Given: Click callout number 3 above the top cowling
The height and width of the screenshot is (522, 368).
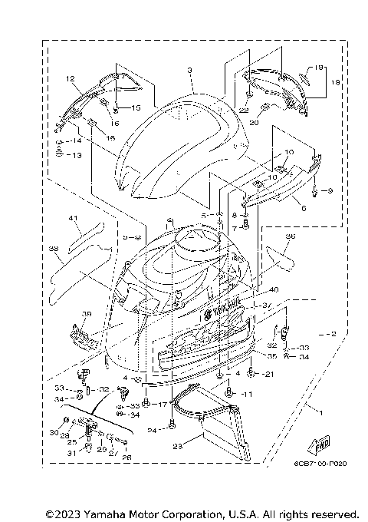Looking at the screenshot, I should [189, 70].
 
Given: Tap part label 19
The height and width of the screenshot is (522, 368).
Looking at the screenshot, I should [320, 68].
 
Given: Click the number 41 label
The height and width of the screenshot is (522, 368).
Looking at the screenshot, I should [74, 219].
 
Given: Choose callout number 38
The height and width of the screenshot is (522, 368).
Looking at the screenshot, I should [53, 249].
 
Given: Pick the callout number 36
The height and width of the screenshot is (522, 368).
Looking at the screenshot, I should [290, 237].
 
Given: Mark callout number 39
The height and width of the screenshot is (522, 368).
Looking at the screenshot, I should [87, 314].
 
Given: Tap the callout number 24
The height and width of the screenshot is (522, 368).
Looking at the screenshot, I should [152, 431].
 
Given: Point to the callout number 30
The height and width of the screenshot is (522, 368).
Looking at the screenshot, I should [54, 433].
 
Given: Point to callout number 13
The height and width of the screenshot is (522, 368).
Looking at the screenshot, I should [76, 155].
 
